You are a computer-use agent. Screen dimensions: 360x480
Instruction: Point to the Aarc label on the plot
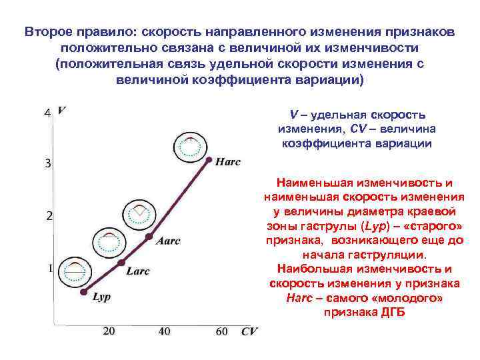coord(168,241)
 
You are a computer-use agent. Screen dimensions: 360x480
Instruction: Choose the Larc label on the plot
coord(137,271)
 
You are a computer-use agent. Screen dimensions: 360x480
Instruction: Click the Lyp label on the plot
coord(101,297)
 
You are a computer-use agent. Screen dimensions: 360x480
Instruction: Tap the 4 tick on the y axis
coord(47,113)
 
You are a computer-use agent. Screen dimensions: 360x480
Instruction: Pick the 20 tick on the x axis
coord(109,331)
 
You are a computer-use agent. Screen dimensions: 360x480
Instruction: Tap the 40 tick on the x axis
coord(164,331)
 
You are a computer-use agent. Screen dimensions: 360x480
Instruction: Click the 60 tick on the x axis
coord(221,331)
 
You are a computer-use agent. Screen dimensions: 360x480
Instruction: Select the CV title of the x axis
coord(249,331)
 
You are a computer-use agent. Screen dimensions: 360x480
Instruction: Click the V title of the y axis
coord(61,110)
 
